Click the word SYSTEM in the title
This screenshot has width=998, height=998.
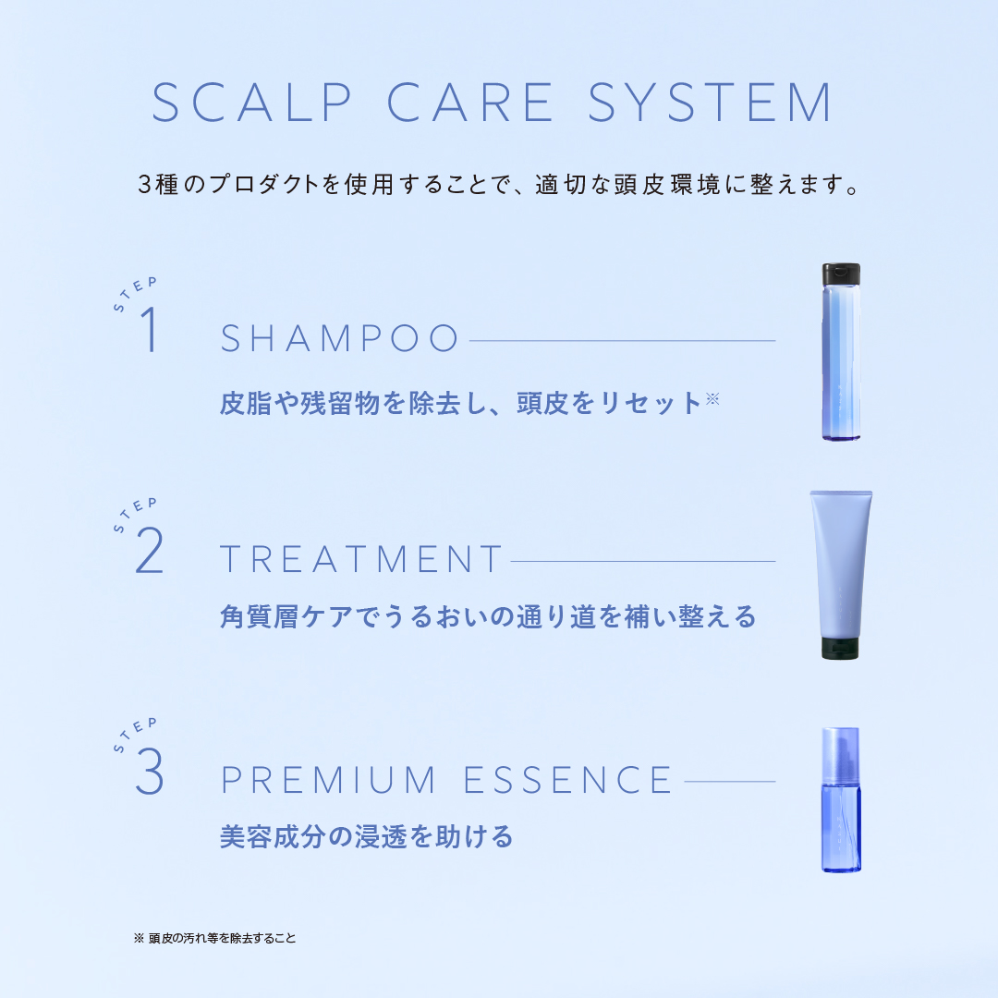click(711, 103)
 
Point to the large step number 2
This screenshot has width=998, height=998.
click(149, 553)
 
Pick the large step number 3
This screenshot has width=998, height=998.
click(149, 773)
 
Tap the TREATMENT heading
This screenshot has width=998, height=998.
click(361, 560)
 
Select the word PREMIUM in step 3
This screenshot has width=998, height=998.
click(328, 781)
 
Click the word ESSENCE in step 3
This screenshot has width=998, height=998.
click(567, 781)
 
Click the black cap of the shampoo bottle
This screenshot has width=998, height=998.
click(841, 274)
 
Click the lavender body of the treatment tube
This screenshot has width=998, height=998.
click(840, 564)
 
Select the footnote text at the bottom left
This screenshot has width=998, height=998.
click(215, 938)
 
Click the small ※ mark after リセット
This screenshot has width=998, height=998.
click(712, 398)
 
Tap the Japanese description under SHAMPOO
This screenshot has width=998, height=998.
click(460, 404)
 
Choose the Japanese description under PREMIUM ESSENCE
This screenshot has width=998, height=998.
click(366, 837)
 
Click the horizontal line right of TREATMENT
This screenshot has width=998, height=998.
click(642, 561)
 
